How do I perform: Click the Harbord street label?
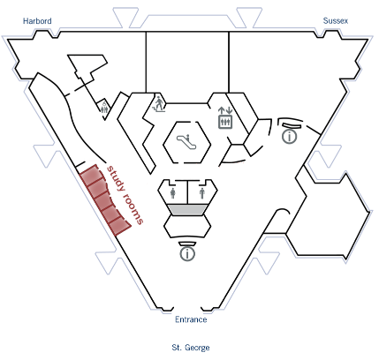[37, 21]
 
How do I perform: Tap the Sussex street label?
[336, 21]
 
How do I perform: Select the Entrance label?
[191, 319]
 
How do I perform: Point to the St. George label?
[191, 348]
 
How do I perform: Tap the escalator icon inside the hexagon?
[187, 141]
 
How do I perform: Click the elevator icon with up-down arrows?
[225, 117]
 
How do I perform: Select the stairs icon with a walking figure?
[159, 104]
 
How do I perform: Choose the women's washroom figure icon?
[173, 193]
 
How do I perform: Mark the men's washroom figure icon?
[202, 193]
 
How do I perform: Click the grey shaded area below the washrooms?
[187, 210]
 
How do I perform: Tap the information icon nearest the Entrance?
[187, 253]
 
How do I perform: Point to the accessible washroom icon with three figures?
[104, 108]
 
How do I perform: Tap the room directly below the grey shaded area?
[187, 227]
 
